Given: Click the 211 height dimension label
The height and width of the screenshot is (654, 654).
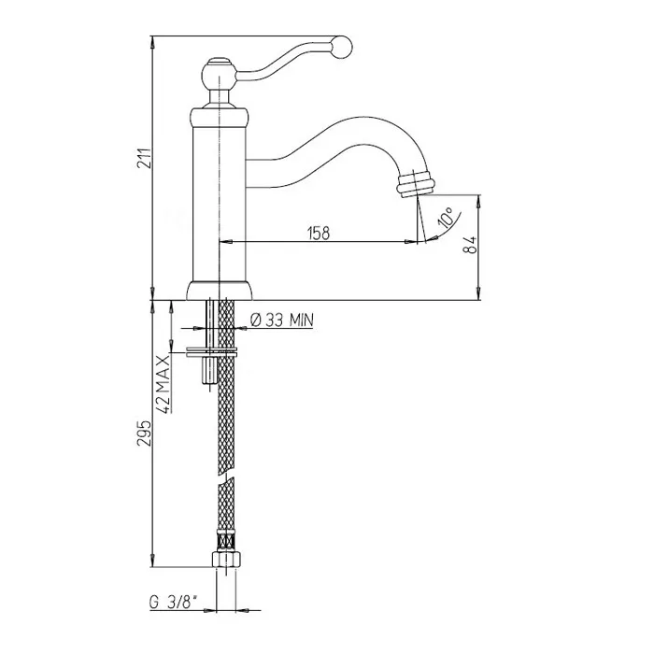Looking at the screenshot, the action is (x=143, y=158).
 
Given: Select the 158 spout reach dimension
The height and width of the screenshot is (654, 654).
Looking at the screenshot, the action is (x=319, y=234).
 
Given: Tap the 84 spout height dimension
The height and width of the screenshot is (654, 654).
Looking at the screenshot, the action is (x=470, y=245).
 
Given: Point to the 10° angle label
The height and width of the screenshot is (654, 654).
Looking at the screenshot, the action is (x=446, y=217).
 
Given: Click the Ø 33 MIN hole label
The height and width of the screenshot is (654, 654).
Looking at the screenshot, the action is (x=281, y=320).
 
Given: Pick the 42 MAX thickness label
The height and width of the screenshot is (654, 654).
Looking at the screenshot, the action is (x=163, y=384).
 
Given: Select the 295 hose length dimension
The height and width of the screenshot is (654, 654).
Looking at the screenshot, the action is (x=143, y=433).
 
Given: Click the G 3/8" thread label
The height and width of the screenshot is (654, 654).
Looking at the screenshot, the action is (x=173, y=603).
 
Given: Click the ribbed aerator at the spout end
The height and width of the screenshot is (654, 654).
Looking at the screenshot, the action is (x=416, y=183).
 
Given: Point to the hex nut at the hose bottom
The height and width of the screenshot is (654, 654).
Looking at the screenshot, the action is (x=228, y=559).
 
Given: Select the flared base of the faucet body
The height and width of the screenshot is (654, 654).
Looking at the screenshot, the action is (x=220, y=291).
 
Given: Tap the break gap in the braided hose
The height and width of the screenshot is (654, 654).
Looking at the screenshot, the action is (x=226, y=478).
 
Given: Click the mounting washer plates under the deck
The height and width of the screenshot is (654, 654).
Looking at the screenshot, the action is (x=211, y=352).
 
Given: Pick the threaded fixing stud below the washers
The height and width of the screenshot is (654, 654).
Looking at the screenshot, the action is (x=210, y=371).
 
